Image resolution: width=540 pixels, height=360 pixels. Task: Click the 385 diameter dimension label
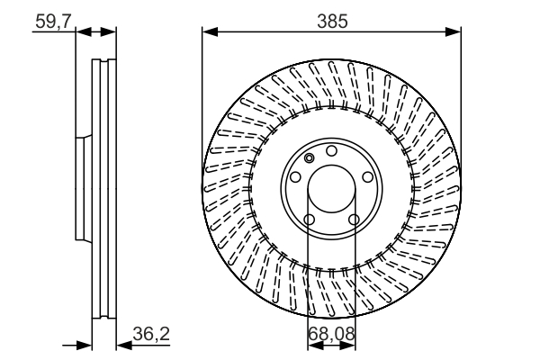[x=331, y=19]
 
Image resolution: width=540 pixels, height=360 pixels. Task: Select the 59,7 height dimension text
[x=53, y=19]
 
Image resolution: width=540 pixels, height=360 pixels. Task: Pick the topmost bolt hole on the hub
[x=331, y=150]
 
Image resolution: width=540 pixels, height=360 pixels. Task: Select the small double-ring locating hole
[x=309, y=158]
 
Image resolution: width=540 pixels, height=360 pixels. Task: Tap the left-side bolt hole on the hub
[x=293, y=178]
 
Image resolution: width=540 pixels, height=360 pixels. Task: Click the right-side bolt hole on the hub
[x=369, y=178]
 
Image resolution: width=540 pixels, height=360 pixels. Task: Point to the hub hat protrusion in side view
[x=81, y=190]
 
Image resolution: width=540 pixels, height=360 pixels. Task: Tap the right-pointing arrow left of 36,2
[x=84, y=344]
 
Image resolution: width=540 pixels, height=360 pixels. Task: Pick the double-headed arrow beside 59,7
[x=96, y=31]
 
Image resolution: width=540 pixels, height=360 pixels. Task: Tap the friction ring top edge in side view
[x=104, y=61]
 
